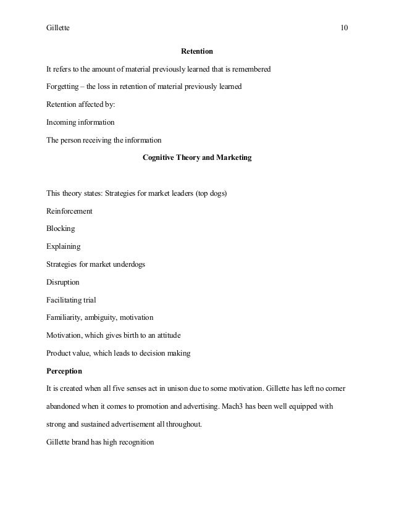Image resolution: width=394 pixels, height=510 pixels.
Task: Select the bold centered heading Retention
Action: (x=197, y=51)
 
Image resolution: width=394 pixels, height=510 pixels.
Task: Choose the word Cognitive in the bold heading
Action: (x=161, y=157)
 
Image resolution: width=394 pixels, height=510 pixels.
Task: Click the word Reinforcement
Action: (x=70, y=211)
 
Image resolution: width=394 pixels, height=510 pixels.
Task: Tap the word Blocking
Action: (x=61, y=228)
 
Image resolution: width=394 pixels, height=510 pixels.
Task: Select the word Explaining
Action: (x=64, y=247)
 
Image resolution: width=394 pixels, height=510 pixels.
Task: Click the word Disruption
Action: (x=63, y=282)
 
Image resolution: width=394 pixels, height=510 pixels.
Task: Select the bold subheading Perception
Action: (x=65, y=372)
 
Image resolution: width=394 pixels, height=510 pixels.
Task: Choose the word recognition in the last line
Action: (x=133, y=443)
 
